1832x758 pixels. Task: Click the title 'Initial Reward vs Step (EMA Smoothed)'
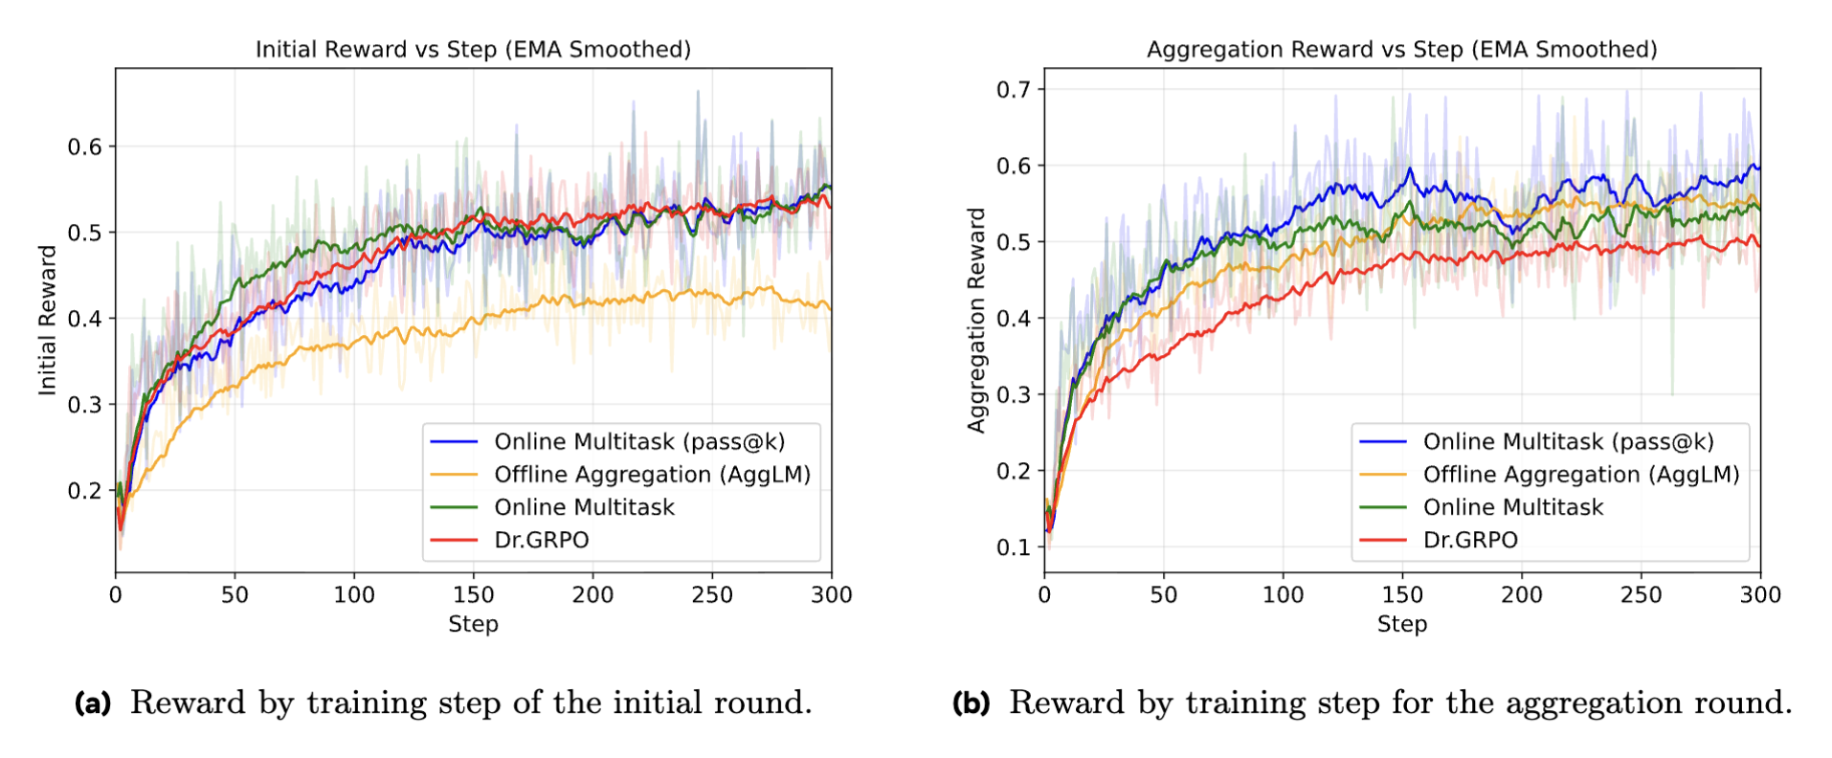473,50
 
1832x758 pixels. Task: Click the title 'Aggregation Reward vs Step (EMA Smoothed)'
1401,50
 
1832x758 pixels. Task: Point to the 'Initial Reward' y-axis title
47,320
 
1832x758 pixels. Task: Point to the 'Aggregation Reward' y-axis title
976,320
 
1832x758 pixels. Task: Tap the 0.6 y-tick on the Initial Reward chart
84,146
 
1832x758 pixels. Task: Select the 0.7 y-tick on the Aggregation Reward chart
1014,90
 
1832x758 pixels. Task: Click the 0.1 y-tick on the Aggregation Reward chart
1014,547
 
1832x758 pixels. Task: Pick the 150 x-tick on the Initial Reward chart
473,595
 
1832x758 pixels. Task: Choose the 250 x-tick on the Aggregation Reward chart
1641,595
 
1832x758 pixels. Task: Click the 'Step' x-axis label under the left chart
473,624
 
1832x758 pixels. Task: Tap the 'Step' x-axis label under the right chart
1401,624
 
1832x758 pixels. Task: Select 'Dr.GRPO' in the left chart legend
541,540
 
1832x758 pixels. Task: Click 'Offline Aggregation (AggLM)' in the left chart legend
652,475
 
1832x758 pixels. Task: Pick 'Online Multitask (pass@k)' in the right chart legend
1568,442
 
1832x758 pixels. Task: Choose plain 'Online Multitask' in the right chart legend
1512,507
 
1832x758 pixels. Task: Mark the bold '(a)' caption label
93,703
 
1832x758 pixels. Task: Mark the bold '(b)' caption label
971,703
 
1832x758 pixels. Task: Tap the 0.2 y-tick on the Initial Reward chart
84,491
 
